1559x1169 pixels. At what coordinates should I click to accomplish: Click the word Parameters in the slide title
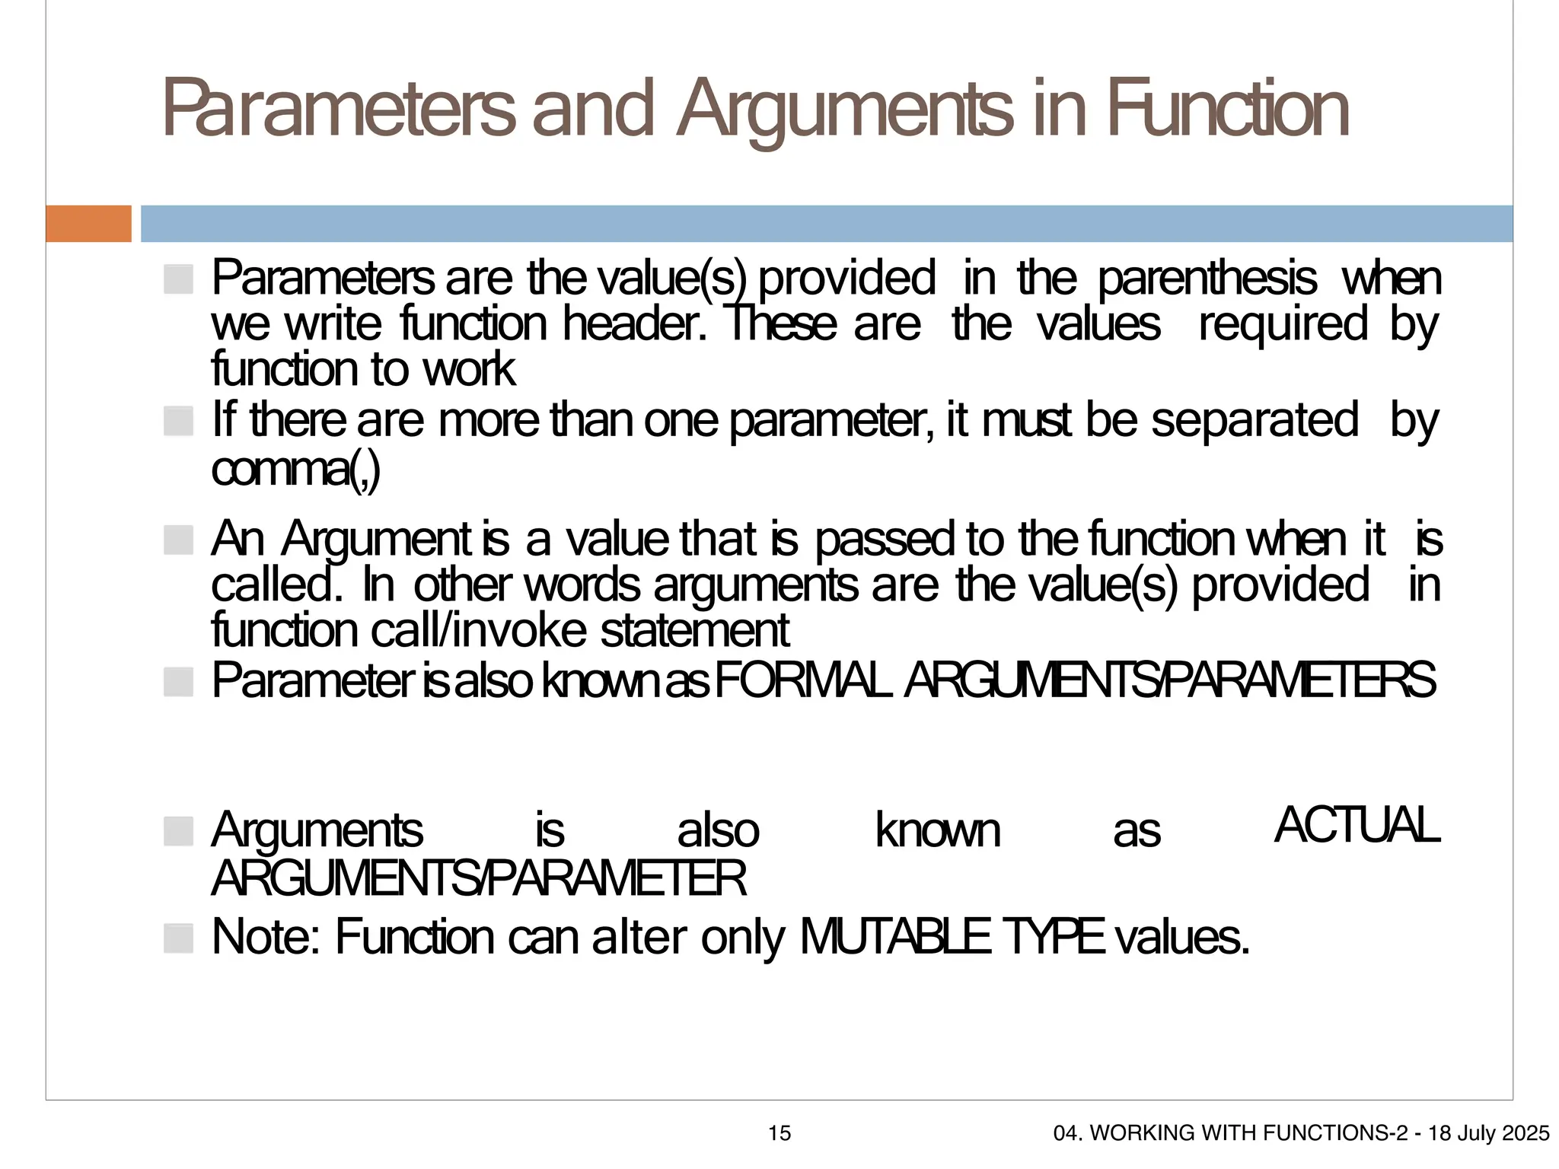coord(340,110)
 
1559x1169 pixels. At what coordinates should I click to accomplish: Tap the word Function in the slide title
coord(1227,110)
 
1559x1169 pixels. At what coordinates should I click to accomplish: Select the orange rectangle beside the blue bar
coord(88,224)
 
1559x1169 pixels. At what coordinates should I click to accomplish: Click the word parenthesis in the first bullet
coord(1207,279)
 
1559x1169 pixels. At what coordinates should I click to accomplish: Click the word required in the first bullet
coord(1283,324)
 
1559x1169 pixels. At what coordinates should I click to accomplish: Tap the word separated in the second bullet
coord(1254,420)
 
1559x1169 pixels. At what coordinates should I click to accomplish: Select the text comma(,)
coord(295,470)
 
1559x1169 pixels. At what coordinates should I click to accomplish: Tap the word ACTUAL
coord(1357,825)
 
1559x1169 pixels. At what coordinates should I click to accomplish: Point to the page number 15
coord(779,1133)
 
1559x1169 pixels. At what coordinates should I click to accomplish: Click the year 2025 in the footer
coord(1526,1133)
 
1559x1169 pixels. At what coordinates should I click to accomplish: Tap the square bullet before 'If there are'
coord(178,421)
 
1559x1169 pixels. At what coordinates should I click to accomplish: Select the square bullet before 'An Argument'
coord(178,540)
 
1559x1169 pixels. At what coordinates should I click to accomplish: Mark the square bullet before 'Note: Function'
coord(178,938)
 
